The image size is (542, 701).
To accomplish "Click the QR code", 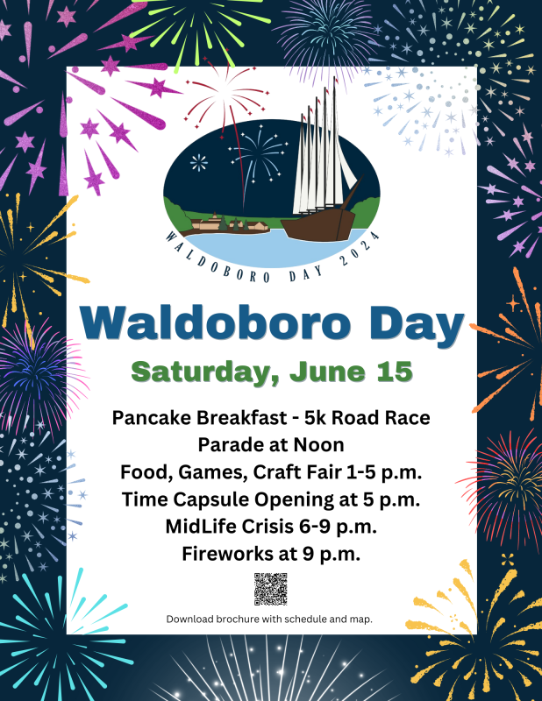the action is (x=270, y=589).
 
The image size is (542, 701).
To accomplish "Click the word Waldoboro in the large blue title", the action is (x=215, y=322).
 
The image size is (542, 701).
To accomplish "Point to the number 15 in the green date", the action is (x=395, y=371).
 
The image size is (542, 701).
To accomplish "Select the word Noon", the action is (x=318, y=445).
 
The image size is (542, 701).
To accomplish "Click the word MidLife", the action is (x=201, y=527).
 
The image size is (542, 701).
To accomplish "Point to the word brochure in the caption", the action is (x=237, y=620).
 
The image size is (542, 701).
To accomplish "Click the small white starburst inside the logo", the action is (x=199, y=163).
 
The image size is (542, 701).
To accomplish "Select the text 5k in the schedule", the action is (x=315, y=418).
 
